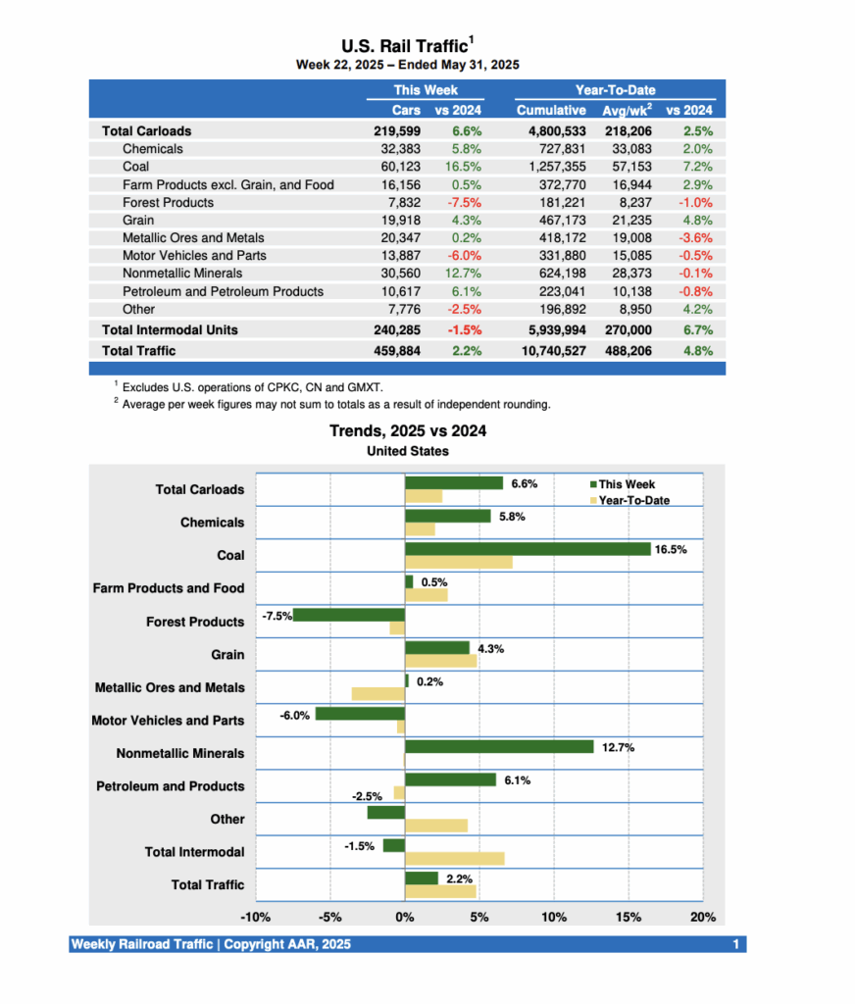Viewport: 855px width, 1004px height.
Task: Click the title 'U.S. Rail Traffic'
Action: click(404, 46)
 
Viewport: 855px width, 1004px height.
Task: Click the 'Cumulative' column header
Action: click(551, 110)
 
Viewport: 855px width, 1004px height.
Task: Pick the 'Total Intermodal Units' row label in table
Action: click(170, 329)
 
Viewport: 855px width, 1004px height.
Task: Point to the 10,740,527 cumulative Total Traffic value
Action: click(551, 350)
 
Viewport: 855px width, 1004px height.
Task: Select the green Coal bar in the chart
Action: click(528, 549)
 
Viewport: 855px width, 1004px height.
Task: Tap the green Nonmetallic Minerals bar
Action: click(499, 747)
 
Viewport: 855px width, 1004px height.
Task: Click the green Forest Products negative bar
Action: click(348, 615)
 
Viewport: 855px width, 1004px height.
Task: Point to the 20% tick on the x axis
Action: click(702, 918)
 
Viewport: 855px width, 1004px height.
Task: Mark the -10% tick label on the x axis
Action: click(256, 918)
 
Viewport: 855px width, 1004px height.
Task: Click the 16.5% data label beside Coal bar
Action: click(671, 550)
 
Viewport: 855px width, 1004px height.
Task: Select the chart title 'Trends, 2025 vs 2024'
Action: click(408, 431)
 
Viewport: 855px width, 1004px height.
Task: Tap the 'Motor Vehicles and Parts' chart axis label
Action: click(168, 721)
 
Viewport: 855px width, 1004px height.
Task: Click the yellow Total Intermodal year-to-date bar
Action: click(454, 859)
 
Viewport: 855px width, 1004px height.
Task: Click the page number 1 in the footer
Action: click(735, 944)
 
